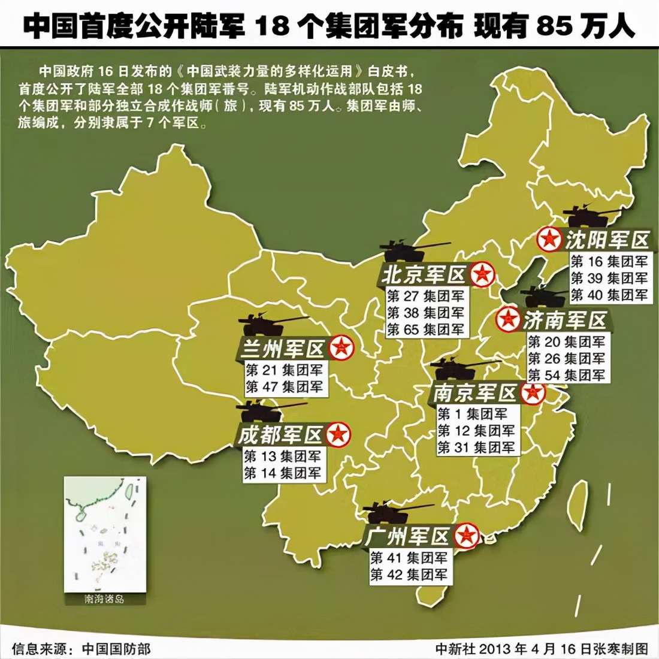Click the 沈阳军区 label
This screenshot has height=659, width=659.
coord(607,240)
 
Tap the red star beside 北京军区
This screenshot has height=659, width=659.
coord(482,275)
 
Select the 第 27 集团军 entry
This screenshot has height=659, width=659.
coord(425,296)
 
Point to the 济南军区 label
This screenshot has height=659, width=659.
coord(565,321)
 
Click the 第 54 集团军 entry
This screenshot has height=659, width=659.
coord(566,375)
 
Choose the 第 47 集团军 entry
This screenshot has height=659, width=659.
coord(284,387)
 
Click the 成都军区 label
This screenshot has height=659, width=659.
coord(280,434)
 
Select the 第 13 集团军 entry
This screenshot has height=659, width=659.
coord(282,456)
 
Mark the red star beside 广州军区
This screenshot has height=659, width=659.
coord(466,535)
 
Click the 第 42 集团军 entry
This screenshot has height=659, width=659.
coord(409,575)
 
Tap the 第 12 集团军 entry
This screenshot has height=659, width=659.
coord(476,431)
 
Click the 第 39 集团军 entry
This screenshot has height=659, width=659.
coord(609,278)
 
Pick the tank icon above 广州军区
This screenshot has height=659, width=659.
coord(390,512)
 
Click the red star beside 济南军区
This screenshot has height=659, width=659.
coord(508,319)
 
